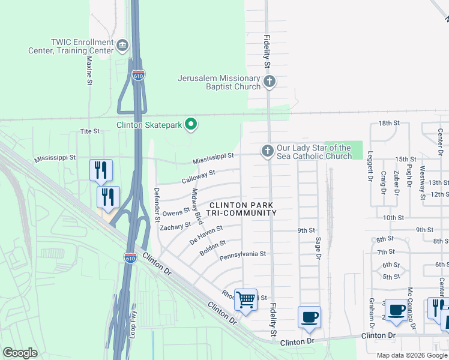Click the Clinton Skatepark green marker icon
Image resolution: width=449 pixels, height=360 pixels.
coord(191,125)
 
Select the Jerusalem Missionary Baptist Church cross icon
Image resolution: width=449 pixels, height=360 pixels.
coord(270,81)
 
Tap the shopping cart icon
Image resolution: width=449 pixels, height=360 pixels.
coord(245,299)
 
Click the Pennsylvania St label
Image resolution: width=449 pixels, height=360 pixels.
coord(243,254)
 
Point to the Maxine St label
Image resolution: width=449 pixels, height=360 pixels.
coord(89,70)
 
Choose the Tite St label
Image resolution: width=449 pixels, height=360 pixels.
coord(89,131)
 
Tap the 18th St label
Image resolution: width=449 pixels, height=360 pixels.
coord(388,123)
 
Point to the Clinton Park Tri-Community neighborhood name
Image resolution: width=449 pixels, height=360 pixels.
coord(243,209)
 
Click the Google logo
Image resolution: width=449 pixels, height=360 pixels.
coord(20,353)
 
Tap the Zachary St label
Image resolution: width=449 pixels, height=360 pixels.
coord(175,226)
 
